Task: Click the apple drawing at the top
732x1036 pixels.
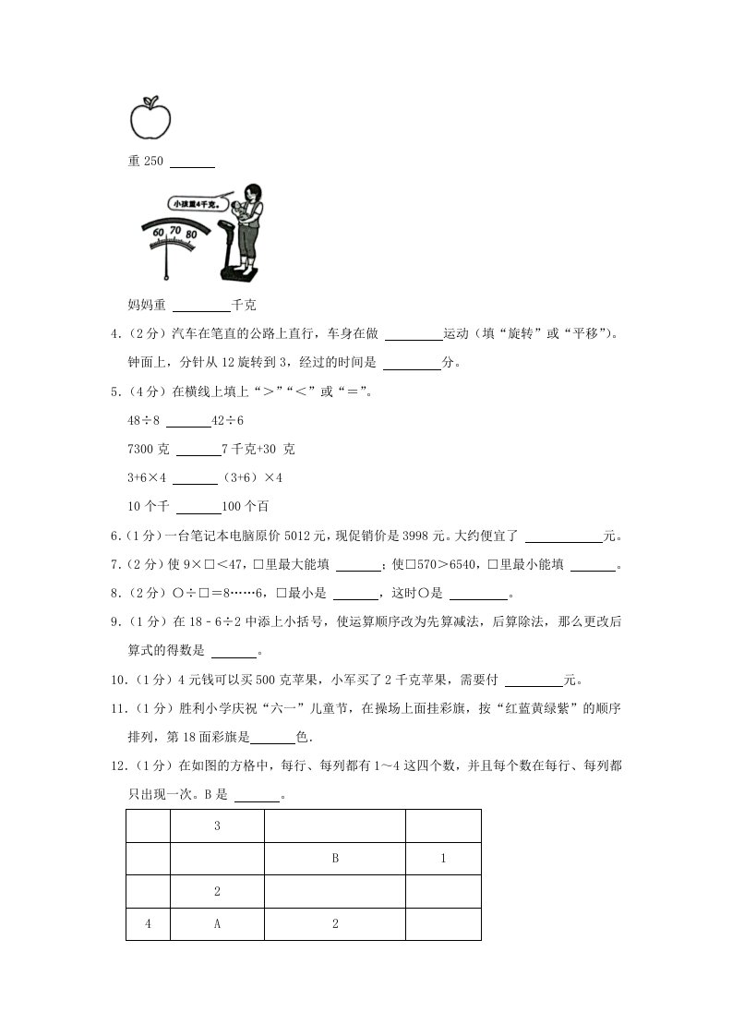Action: (150, 116)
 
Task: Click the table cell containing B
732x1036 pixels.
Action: (335, 859)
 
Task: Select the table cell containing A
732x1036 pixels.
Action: (217, 924)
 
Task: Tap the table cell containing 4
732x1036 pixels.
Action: (148, 924)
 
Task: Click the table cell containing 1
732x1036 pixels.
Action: (443, 859)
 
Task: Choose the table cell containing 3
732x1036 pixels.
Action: (217, 826)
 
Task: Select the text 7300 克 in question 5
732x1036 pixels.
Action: (147, 450)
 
